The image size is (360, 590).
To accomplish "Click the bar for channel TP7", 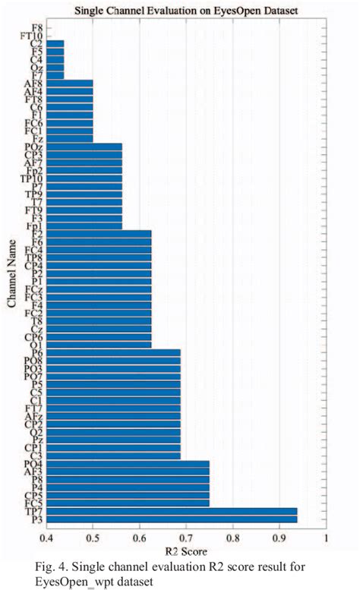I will click(171, 511).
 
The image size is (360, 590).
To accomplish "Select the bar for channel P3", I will click(171, 519).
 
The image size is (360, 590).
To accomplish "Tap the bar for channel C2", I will click(55, 44).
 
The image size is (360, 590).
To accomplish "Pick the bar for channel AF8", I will click(69, 84).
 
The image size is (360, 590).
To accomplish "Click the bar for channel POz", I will click(84, 147).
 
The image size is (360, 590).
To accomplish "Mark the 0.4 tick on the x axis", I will click(46, 539).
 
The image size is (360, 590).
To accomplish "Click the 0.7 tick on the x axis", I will click(186, 539).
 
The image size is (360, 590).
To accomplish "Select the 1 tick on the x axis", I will click(326, 539).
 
